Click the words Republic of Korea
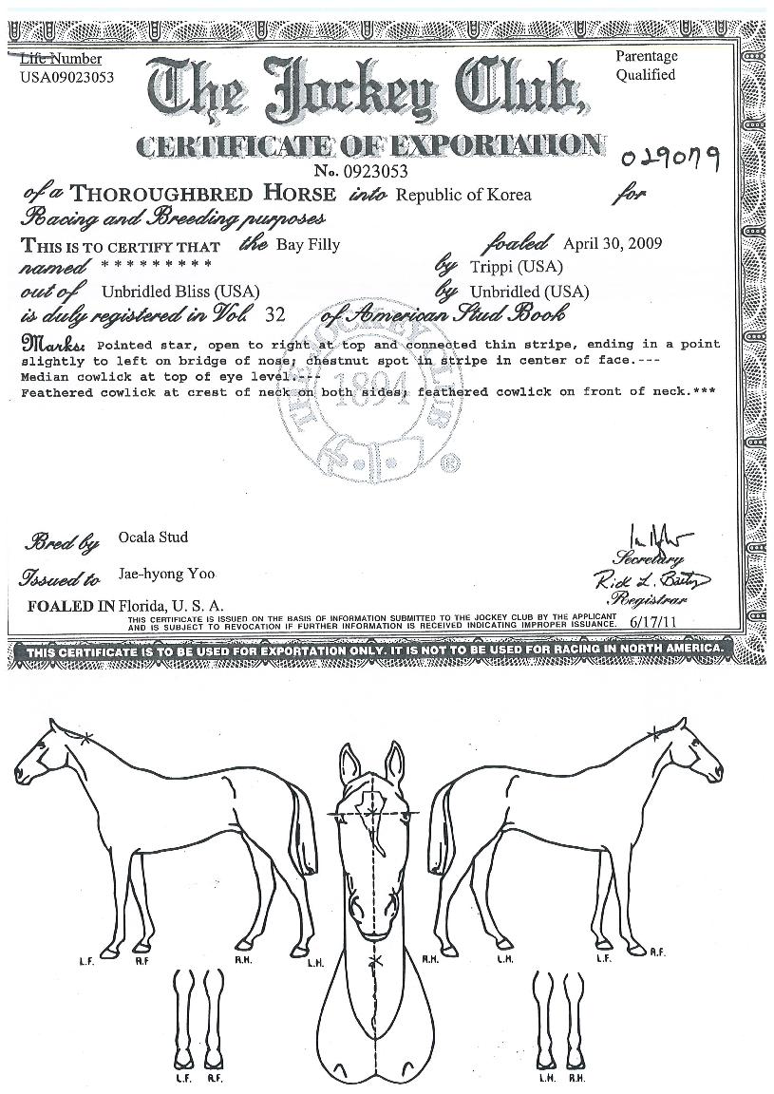click(x=463, y=196)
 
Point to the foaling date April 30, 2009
click(x=613, y=243)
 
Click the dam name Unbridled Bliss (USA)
click(x=180, y=291)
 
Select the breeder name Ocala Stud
click(x=153, y=537)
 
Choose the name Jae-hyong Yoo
click(x=154, y=574)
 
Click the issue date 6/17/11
click(x=650, y=620)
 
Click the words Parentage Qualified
click(x=646, y=66)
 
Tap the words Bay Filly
click(x=308, y=244)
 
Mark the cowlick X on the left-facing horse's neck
click(x=85, y=738)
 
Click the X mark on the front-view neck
click(x=376, y=963)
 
